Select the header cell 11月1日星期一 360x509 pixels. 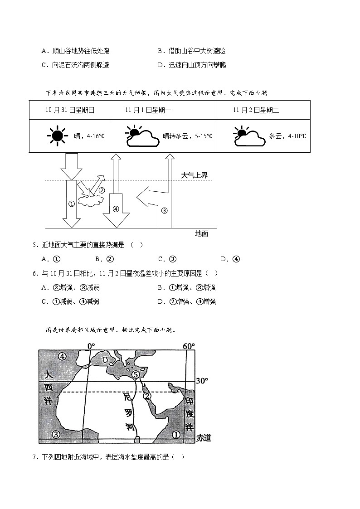145,110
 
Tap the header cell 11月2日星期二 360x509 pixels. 256,110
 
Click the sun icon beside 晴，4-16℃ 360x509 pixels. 57,136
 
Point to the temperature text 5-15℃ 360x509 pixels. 202,136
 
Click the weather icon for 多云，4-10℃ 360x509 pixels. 249,136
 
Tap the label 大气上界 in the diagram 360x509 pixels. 194,175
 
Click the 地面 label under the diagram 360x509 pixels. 201,233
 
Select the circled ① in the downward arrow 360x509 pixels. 71,204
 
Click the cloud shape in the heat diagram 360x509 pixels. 90,199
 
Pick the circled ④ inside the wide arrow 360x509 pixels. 116,209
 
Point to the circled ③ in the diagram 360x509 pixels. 164,210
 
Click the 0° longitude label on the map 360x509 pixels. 91,346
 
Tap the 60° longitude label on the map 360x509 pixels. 189,346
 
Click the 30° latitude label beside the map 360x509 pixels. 201,381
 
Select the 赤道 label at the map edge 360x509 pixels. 204,438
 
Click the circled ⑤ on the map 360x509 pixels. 135,374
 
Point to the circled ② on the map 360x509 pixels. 147,396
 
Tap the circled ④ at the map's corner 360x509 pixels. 62,356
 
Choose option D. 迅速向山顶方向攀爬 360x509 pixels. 192,65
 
